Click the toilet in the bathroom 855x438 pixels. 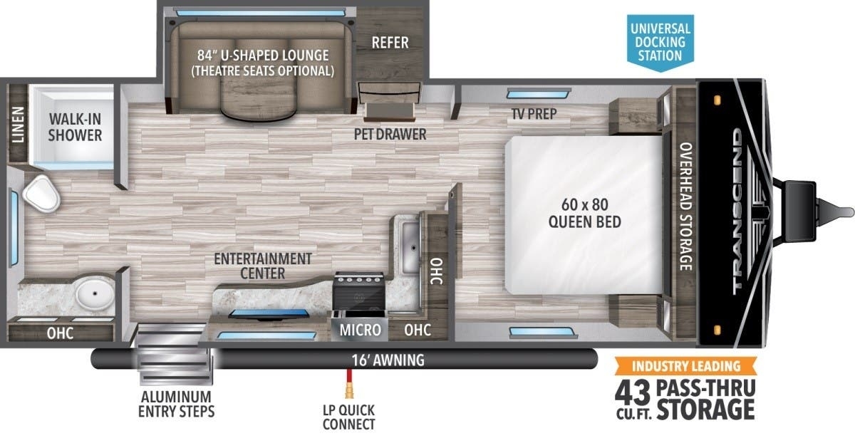point(41,194)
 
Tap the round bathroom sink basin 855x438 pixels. point(95,295)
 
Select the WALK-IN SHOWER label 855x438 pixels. point(76,127)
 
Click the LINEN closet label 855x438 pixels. point(18,125)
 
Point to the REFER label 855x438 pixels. point(390,43)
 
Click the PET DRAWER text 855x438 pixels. point(390,135)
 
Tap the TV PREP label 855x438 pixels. point(534,114)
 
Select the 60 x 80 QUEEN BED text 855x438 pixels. point(585,213)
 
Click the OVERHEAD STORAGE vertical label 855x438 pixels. point(686,207)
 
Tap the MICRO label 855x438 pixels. point(361,330)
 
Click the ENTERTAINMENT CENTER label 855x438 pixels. point(263,266)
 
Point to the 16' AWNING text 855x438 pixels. point(388,360)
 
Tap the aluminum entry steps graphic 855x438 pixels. point(175,354)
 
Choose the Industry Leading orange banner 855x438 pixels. point(685,366)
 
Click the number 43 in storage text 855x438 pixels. point(632,393)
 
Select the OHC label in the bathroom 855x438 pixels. point(61,333)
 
